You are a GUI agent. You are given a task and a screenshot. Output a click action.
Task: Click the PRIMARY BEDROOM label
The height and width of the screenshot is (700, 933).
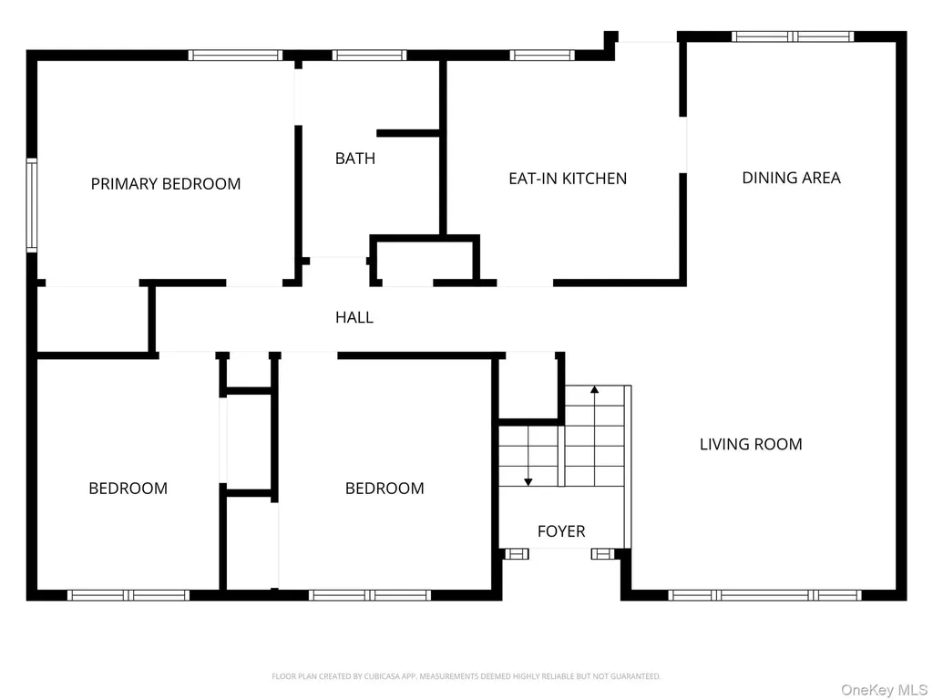166,183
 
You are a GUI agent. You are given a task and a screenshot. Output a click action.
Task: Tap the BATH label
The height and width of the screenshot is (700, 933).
355,159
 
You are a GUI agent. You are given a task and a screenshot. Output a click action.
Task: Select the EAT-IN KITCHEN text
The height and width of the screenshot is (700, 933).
568,179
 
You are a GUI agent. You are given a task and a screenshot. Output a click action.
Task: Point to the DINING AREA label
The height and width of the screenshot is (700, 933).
792,178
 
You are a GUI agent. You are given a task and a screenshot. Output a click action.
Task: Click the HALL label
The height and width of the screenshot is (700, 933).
354,317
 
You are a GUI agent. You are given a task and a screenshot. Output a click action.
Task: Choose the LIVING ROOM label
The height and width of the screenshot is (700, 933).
751,444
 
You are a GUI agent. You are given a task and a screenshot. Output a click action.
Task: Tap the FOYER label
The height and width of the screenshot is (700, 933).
561,531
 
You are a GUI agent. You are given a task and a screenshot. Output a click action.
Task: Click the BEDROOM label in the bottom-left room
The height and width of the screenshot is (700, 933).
128,489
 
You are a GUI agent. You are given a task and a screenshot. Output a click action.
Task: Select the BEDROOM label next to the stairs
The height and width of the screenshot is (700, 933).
384,489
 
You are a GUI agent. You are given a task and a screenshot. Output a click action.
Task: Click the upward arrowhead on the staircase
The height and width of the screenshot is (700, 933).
594,389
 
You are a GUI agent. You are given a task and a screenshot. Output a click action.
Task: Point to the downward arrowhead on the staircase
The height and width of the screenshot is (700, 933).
528,481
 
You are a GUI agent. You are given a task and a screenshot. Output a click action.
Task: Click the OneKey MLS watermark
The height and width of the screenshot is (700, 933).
884,689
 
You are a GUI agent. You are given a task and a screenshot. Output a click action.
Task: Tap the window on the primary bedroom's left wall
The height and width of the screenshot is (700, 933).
32,205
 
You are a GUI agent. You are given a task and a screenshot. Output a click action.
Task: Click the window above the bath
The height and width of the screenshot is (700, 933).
369,56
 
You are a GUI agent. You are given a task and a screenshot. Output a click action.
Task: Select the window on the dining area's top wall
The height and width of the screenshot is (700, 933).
793,36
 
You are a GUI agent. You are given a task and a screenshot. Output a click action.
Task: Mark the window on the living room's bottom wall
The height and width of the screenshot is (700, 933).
764,595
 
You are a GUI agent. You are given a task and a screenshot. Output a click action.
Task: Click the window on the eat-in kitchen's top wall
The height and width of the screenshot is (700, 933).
542,56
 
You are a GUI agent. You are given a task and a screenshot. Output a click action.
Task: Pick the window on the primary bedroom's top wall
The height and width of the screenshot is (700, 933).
236,56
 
